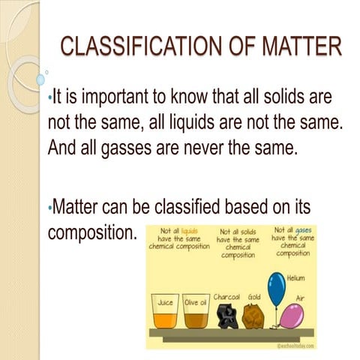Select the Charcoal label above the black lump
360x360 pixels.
click(226, 297)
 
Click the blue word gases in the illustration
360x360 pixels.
click(303, 231)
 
